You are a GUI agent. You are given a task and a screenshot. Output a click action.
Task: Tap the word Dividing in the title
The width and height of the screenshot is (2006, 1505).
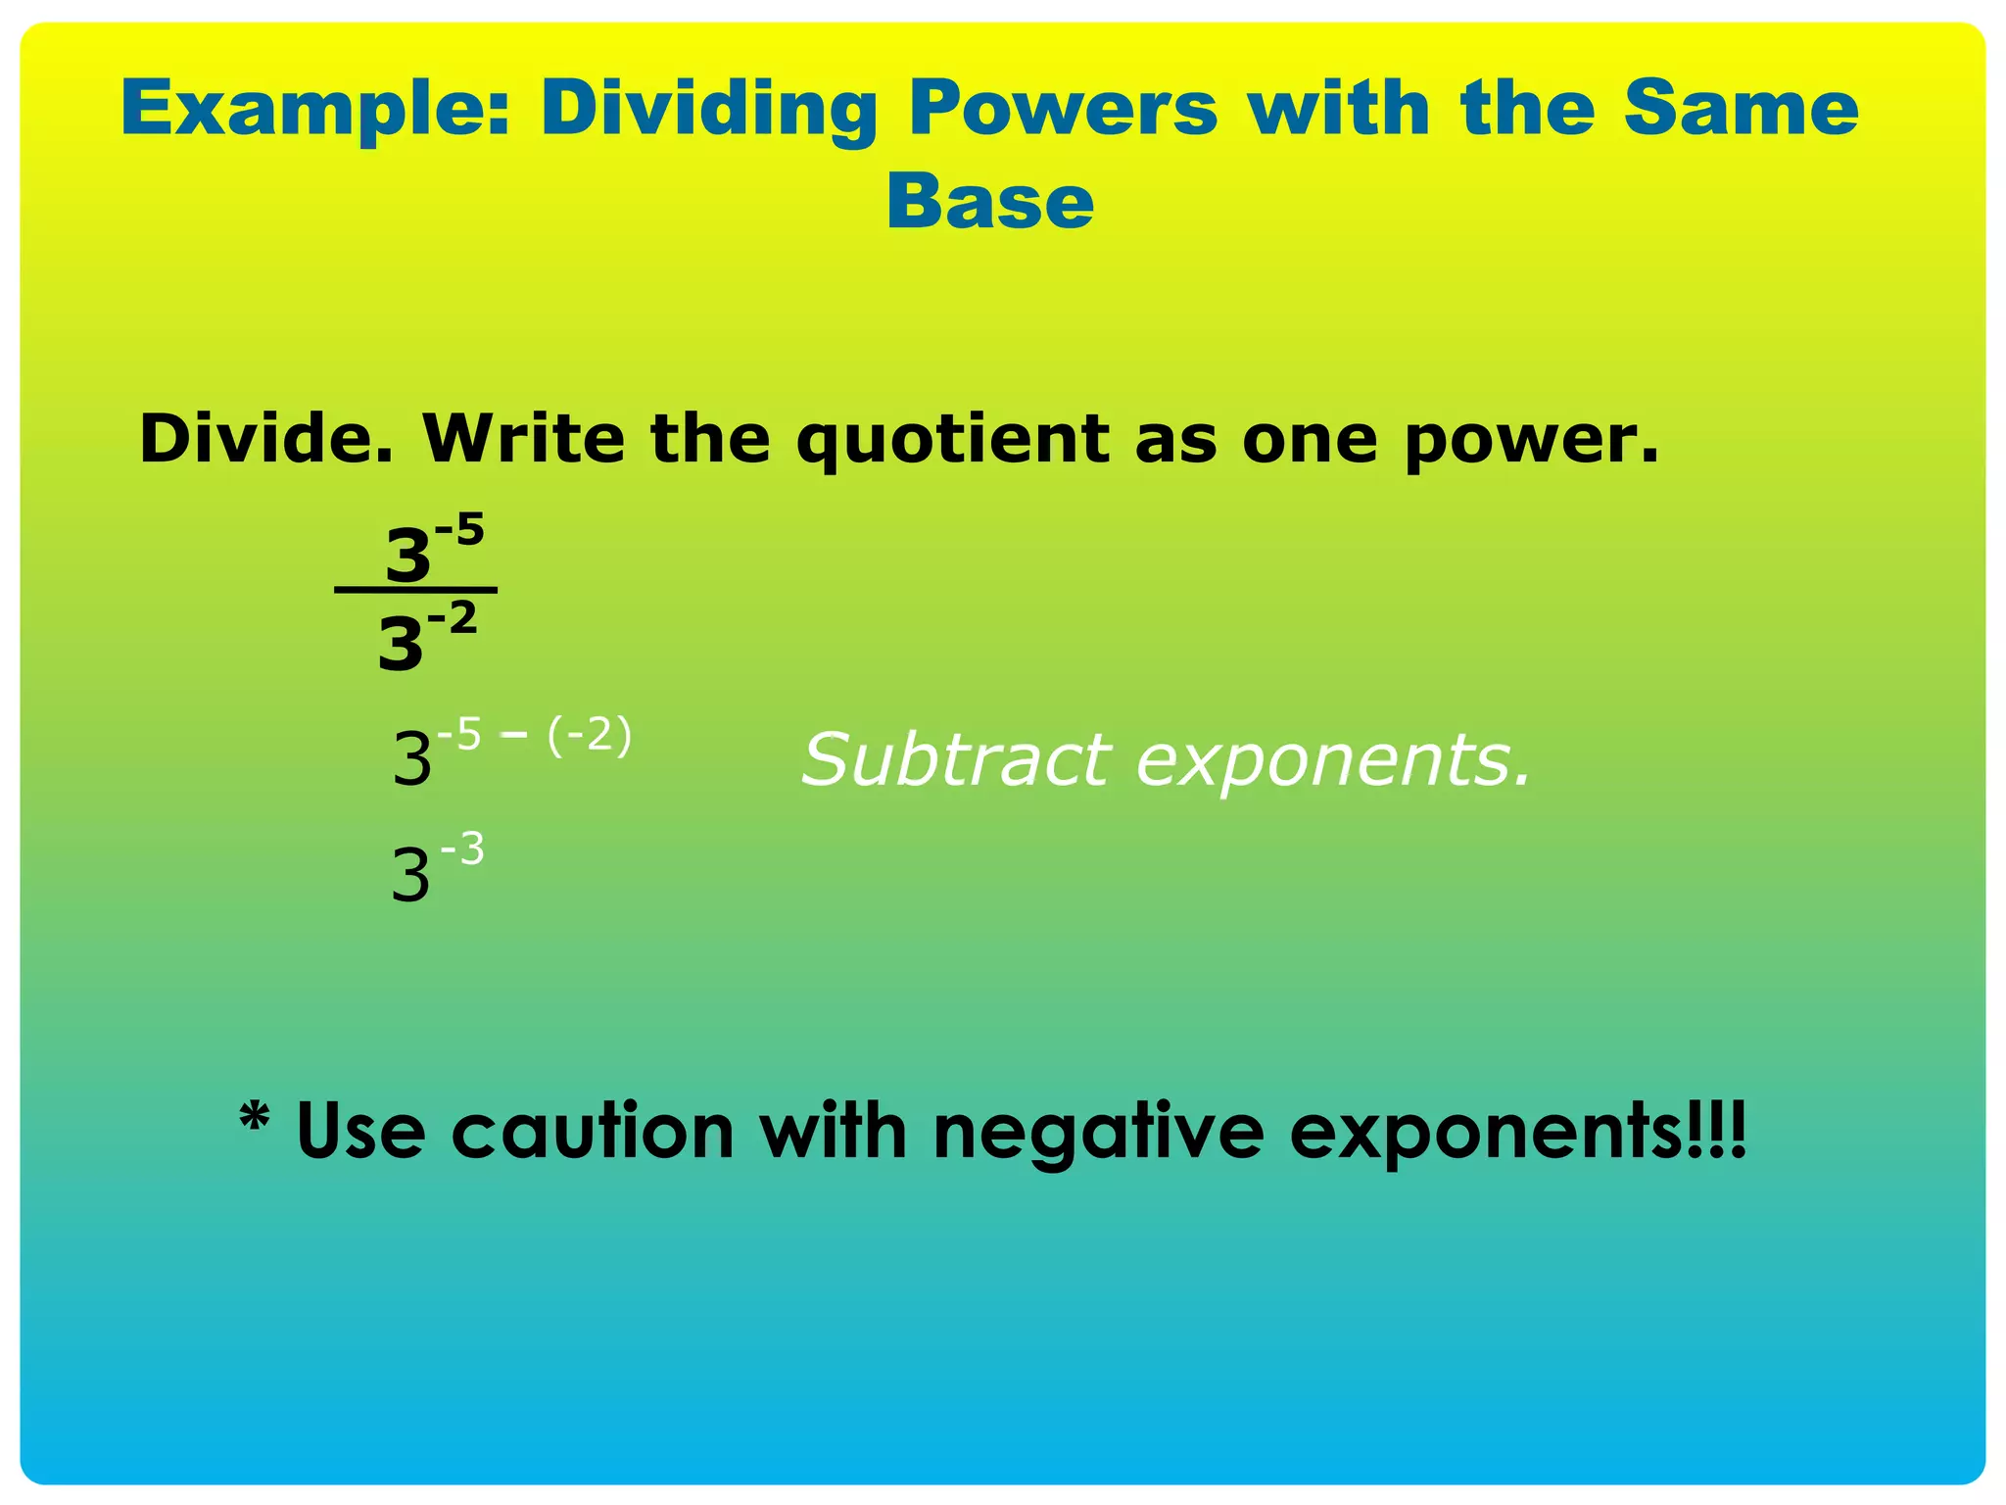[x=708, y=110]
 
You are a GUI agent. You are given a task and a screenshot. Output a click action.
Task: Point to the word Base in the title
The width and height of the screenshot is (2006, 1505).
[x=989, y=202]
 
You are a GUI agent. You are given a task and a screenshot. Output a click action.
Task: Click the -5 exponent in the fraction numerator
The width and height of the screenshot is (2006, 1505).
[x=459, y=531]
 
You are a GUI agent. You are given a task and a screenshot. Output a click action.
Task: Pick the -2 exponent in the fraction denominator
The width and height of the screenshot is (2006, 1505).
[x=453, y=618]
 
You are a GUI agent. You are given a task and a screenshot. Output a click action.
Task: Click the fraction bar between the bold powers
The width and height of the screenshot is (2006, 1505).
[x=415, y=590]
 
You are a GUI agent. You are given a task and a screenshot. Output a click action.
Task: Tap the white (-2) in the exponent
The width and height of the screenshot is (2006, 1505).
[x=589, y=735]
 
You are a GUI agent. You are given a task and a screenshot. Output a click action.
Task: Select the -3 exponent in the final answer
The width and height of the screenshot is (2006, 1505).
[x=461, y=849]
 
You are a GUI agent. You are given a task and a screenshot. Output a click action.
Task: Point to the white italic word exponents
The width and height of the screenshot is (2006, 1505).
[x=1333, y=761]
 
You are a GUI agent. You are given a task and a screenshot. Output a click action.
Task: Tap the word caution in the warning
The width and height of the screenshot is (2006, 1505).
[x=593, y=1132]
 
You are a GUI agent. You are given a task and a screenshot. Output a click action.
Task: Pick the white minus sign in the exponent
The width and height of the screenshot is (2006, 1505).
[x=513, y=733]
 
